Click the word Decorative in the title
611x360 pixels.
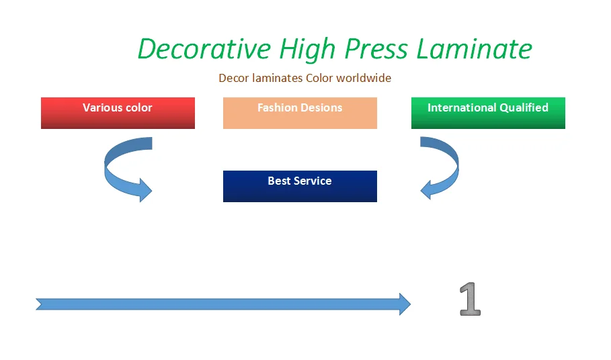point(204,49)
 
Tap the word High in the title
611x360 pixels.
point(307,50)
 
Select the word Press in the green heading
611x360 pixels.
point(376,49)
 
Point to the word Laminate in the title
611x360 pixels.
point(475,49)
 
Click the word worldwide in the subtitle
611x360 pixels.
point(364,78)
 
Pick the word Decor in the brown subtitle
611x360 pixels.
point(233,78)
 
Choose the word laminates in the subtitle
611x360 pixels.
point(277,78)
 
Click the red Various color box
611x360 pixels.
point(118,113)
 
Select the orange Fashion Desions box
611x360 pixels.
point(300,113)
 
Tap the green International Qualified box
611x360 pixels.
point(488,113)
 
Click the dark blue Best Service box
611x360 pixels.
point(300,186)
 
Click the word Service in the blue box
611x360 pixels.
point(313,181)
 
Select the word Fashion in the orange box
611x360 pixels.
point(275,107)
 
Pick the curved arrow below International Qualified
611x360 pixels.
point(440,168)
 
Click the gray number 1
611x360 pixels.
point(471,299)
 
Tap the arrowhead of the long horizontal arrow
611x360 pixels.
point(405,304)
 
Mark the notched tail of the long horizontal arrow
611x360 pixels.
point(39,304)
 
